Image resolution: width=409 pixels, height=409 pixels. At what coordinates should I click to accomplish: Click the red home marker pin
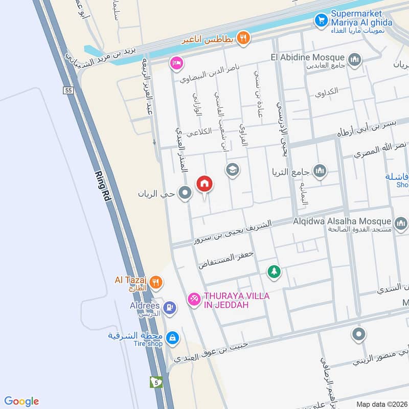click(x=204, y=184)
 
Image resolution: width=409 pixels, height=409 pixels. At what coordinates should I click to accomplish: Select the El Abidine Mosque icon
click(x=354, y=58)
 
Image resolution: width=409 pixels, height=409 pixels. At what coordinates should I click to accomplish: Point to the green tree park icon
click(x=275, y=271)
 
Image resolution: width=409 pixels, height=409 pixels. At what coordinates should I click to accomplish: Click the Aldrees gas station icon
click(x=170, y=307)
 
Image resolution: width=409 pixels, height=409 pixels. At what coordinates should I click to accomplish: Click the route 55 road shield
click(x=67, y=90)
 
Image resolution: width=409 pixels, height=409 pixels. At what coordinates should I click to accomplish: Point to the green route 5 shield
click(x=155, y=381)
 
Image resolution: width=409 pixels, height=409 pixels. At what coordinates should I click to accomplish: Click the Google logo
click(x=21, y=401)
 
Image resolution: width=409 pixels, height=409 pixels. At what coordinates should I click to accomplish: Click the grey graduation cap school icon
click(x=233, y=169)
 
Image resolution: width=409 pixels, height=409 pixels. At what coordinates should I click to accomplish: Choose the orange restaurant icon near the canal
click(x=243, y=37)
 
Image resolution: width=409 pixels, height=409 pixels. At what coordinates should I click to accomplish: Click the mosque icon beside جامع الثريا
click(x=320, y=171)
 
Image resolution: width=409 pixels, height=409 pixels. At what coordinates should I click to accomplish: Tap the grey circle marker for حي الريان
click(x=186, y=193)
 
